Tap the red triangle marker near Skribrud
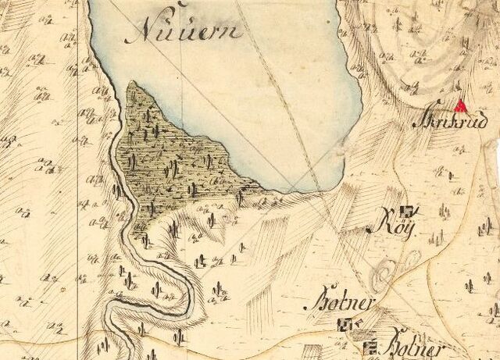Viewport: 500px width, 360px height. tap(461, 106)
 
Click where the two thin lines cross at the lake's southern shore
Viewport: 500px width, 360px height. tap(291, 189)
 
